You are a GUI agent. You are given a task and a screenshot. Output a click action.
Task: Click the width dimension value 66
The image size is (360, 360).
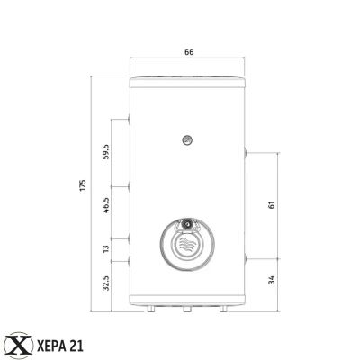click(x=189, y=53)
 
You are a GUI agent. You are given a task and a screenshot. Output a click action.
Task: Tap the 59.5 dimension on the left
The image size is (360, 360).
click(x=105, y=151)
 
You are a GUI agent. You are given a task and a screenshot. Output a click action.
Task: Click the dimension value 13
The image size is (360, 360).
click(x=105, y=247)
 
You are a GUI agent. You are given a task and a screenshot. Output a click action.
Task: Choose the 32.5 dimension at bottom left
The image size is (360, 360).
click(x=105, y=284)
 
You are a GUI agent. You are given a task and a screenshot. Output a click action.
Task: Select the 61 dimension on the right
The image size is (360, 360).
click(x=271, y=206)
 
